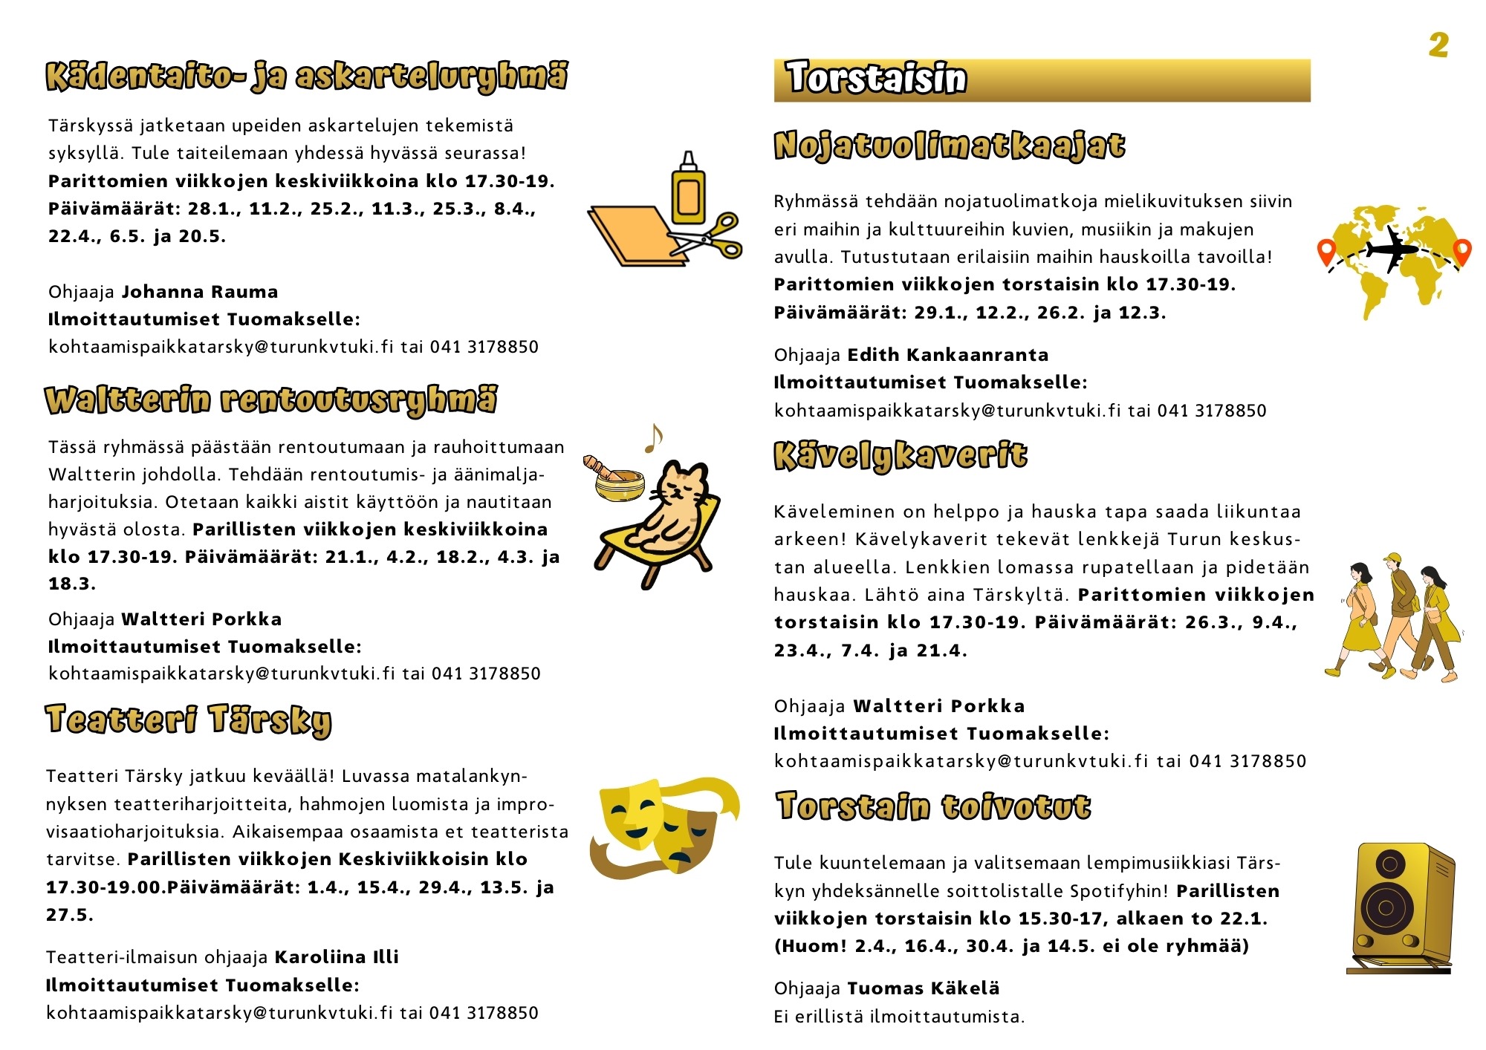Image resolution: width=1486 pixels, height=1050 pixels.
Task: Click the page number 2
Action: [1438, 45]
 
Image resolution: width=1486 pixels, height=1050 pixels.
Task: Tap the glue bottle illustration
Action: [688, 191]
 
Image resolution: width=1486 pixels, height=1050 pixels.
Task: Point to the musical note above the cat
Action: [653, 438]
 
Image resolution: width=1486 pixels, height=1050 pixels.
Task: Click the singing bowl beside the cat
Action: [618, 483]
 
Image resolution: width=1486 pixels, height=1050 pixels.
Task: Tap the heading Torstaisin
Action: [877, 79]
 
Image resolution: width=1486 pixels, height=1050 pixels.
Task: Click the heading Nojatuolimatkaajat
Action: [949, 146]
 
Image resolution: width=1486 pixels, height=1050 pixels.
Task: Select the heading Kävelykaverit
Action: [901, 456]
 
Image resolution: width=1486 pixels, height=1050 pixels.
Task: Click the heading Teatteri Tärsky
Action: [189, 720]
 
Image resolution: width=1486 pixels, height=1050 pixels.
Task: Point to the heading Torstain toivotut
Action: [933, 807]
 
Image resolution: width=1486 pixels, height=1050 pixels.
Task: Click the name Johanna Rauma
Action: [200, 292]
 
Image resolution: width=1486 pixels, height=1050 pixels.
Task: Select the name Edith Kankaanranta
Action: [947, 355]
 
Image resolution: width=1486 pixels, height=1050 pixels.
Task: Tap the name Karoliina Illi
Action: [337, 957]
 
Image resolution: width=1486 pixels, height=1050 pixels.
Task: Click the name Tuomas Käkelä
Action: [923, 988]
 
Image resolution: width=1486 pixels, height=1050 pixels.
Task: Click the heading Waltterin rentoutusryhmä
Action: [271, 400]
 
